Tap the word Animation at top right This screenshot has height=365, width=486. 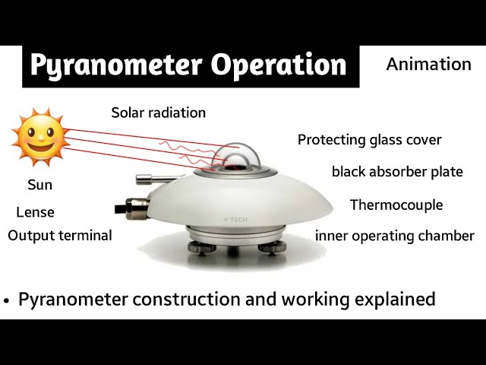[428, 64]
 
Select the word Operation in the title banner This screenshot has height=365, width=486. [278, 65]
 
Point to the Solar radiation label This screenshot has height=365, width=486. [158, 113]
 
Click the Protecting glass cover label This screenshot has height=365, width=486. [369, 140]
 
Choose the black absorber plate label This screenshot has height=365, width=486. [397, 172]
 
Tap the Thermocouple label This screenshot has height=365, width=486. [396, 205]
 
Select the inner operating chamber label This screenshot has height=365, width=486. [394, 236]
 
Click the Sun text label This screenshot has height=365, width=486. [39, 185]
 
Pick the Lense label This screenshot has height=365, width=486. [35, 212]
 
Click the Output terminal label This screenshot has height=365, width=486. [60, 236]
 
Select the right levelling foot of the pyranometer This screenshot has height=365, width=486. [273, 249]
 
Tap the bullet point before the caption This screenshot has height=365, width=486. [7, 300]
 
